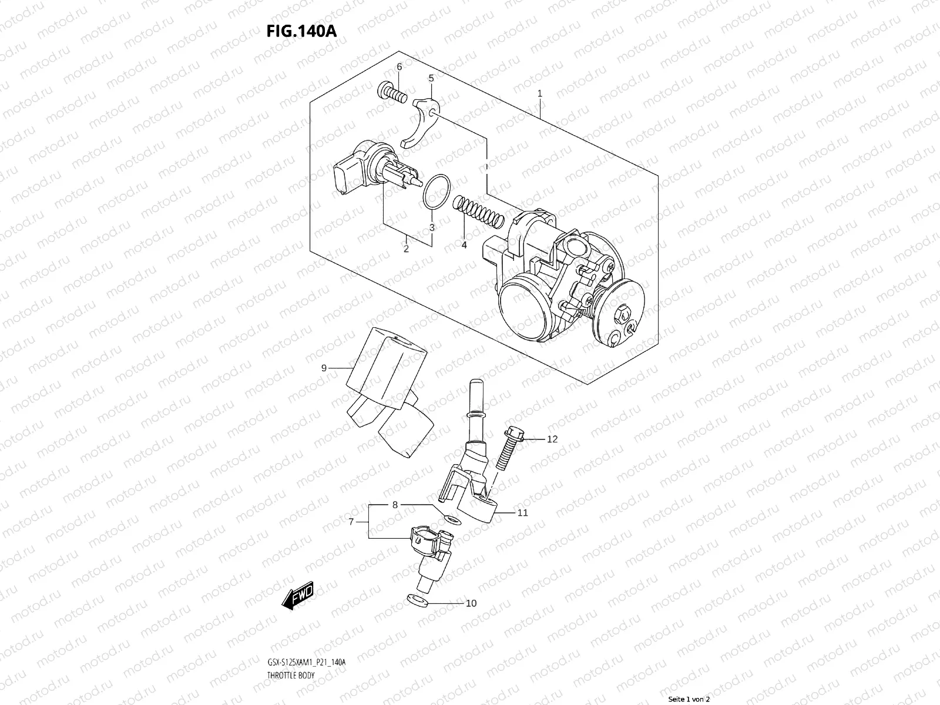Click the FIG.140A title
coord(301,31)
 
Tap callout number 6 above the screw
coord(399,66)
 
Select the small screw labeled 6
coord(392,93)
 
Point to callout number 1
coord(539,94)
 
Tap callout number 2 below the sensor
coord(405,249)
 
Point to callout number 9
coord(324,368)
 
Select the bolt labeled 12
coord(508,446)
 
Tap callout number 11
coord(522,512)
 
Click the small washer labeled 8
coord(451,519)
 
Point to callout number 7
coord(351,522)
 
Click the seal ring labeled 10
coord(415,600)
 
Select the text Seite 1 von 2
coord(689,699)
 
